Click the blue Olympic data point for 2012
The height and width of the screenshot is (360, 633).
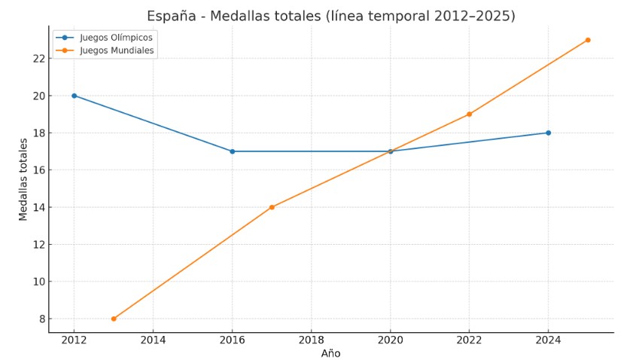click(74, 96)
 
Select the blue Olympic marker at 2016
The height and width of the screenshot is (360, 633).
click(232, 151)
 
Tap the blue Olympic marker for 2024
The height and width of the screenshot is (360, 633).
click(548, 133)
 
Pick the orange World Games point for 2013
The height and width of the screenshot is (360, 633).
click(114, 319)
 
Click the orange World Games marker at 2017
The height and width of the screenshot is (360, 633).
click(272, 207)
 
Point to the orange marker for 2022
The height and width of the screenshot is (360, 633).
click(469, 114)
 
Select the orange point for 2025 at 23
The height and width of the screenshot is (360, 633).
click(588, 40)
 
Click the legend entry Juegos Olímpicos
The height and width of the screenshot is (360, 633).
click(116, 38)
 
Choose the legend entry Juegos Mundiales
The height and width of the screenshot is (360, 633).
click(117, 50)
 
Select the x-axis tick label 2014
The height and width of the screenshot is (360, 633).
click(153, 340)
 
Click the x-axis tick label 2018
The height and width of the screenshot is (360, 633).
click(311, 340)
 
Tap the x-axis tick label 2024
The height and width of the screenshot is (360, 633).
click(548, 340)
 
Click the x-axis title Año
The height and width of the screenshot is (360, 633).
click(330, 353)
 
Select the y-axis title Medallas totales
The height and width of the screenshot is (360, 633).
click(23, 179)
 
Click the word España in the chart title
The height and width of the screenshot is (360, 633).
click(171, 17)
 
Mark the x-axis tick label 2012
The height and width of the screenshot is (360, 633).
click(74, 340)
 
